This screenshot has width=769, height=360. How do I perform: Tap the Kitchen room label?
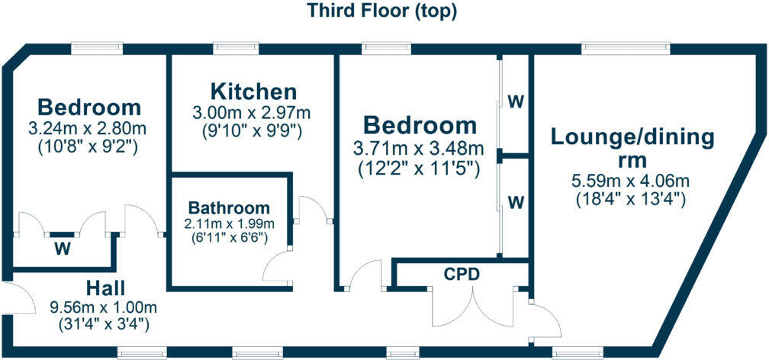coord(253,92)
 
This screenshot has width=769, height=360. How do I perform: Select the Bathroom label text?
coord(229,207)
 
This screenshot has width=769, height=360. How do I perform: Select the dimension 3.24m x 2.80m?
coord(90,127)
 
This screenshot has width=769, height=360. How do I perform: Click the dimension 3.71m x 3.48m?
coord(420,147)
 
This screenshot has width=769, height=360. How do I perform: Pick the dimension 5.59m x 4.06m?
coord(631,182)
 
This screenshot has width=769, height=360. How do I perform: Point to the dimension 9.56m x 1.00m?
coord(104,308)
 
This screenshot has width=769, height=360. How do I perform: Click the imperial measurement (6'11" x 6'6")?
coord(229,236)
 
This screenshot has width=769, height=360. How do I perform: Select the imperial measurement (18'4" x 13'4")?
coord(631,200)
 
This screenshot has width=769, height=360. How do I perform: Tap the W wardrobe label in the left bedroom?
coord(62,248)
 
